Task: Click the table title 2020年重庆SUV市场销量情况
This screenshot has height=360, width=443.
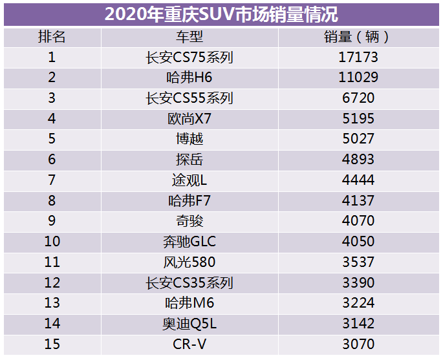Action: click(221, 14)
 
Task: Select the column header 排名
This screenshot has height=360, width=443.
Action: click(52, 37)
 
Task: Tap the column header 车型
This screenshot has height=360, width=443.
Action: click(189, 37)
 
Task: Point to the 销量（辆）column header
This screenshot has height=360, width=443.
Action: click(358, 37)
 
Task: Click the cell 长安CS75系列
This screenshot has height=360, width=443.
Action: click(189, 58)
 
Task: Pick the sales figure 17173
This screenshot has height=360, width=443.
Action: click(358, 58)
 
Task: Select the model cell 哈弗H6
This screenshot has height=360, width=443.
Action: click(189, 78)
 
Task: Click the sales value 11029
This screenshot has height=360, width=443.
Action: click(358, 78)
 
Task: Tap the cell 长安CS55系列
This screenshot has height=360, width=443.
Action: click(189, 98)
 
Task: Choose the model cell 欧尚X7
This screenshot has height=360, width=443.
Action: click(189, 119)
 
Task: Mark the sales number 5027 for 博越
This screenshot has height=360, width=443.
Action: click(358, 140)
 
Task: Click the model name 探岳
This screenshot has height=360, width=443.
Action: click(189, 160)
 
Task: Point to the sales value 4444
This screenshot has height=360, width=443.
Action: click(358, 180)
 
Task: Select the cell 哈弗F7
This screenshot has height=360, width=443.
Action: click(189, 201)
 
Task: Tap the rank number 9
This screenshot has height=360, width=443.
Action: click(52, 221)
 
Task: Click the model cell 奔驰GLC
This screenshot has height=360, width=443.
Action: click(189, 242)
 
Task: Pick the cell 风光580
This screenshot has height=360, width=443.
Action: click(189, 262)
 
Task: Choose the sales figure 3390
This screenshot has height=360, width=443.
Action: click(358, 283)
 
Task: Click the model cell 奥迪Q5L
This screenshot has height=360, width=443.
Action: click(189, 324)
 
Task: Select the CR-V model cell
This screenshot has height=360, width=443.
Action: click(189, 344)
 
